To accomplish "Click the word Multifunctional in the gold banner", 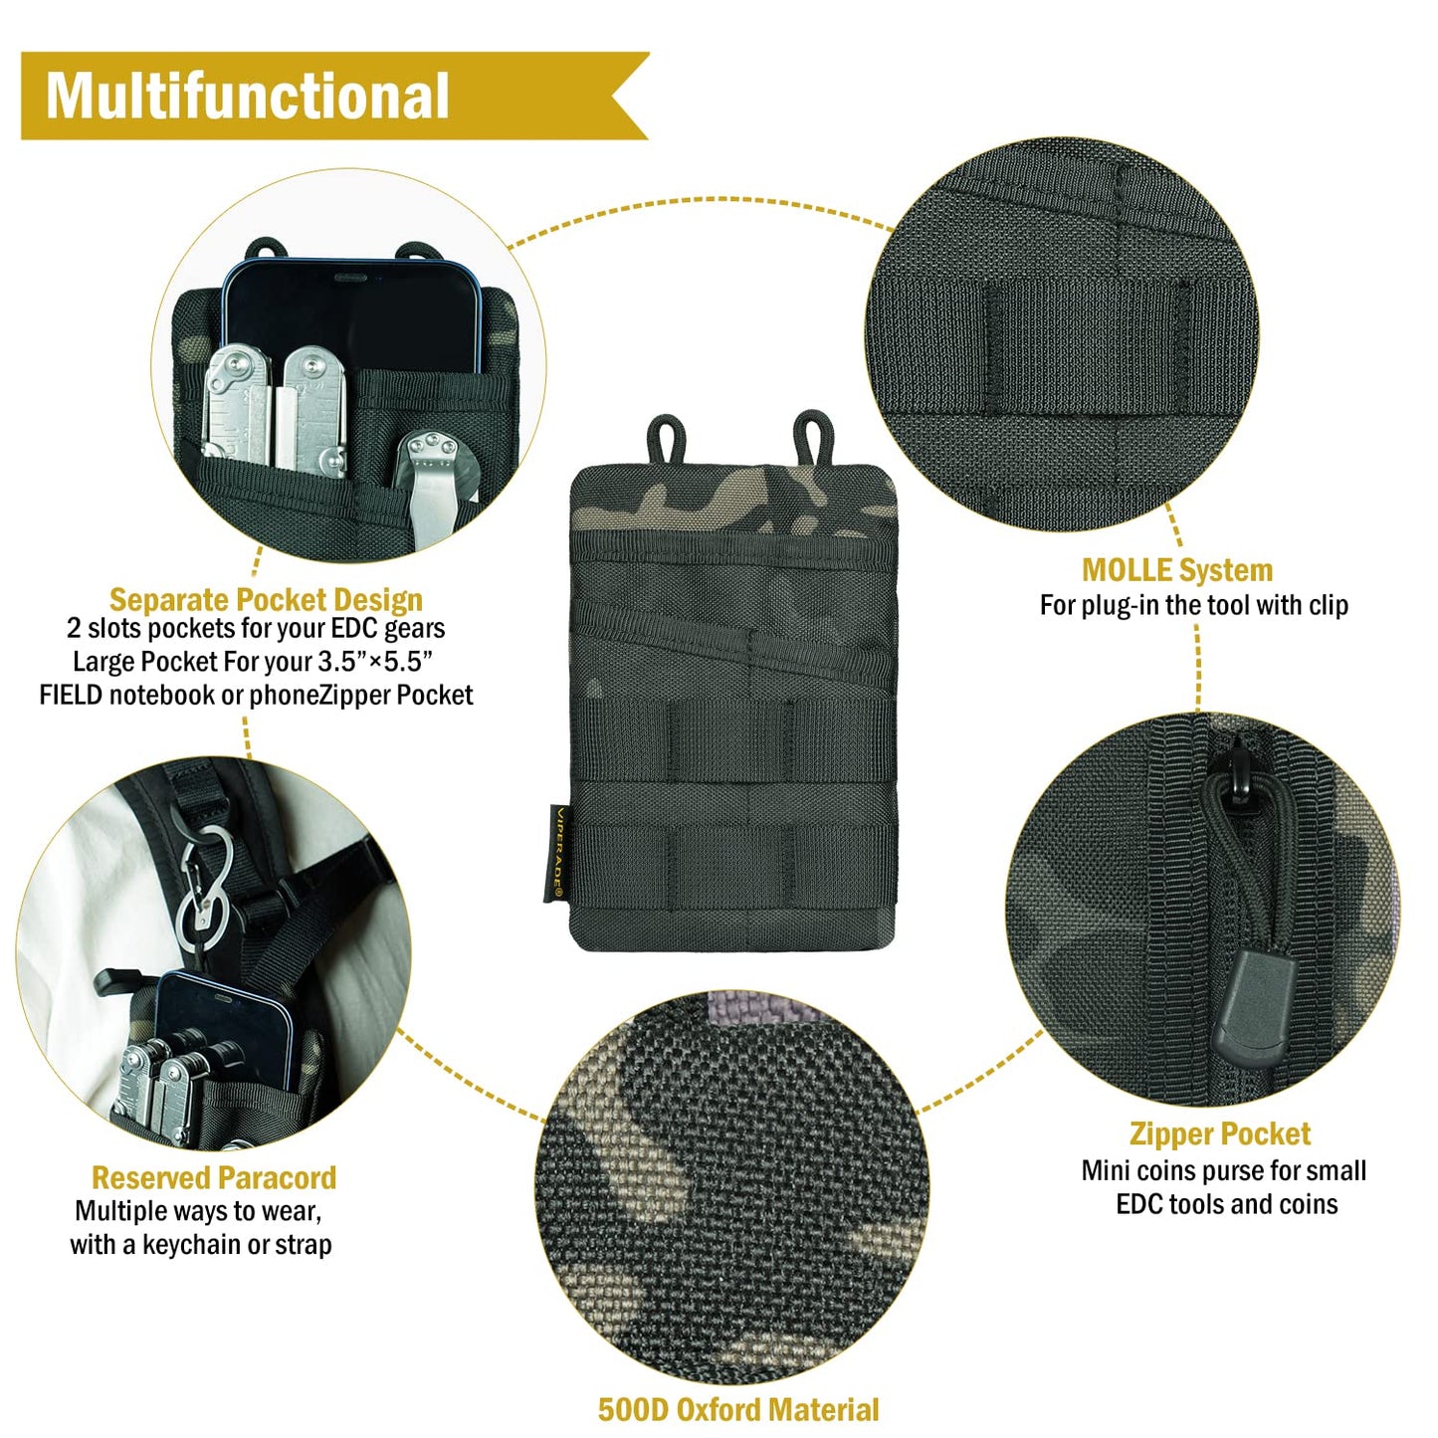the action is (x=247, y=96).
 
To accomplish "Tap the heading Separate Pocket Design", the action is (x=266, y=600).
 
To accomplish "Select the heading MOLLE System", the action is (x=1177, y=570).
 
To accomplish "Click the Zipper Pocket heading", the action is (x=1219, y=1134).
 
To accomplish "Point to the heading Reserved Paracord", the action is (x=213, y=1177).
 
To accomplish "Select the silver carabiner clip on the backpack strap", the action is (x=204, y=887).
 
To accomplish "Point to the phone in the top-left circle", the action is (x=350, y=317).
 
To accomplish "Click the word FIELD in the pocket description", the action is (x=71, y=695).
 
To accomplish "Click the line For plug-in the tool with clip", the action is (x=1194, y=605).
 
